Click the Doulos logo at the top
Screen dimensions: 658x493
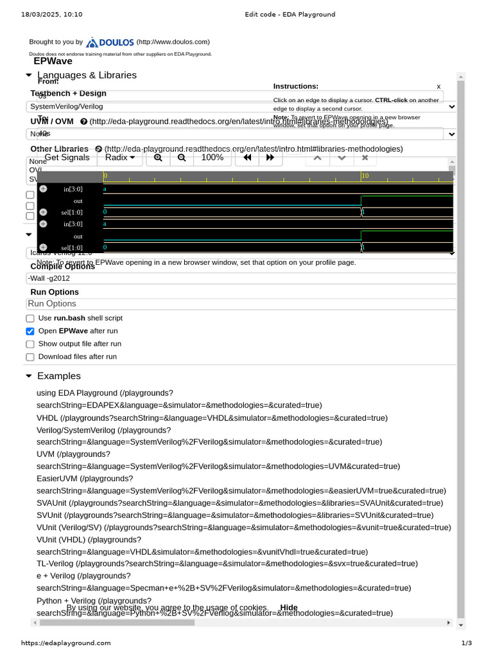point(110,42)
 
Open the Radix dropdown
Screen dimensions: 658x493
point(120,157)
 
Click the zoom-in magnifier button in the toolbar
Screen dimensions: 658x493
point(158,157)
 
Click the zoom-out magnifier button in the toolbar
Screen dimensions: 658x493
point(182,157)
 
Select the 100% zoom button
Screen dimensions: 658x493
point(212,157)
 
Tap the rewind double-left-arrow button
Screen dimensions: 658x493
point(247,157)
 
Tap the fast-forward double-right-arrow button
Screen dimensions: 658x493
point(270,157)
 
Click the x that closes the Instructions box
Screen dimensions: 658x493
point(438,86)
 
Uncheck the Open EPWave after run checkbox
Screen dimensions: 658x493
point(30,332)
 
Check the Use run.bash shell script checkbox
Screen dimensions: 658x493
point(30,319)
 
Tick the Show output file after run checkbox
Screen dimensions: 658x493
point(30,344)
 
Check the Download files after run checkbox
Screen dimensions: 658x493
point(30,357)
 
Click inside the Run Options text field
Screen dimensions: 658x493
point(241,304)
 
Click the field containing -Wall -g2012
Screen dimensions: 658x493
point(241,278)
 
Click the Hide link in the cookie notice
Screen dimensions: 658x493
point(289,608)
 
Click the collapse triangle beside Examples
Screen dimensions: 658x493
point(28,376)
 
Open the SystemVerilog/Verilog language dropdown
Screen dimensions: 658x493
point(241,107)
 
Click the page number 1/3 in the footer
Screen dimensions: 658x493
point(466,643)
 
